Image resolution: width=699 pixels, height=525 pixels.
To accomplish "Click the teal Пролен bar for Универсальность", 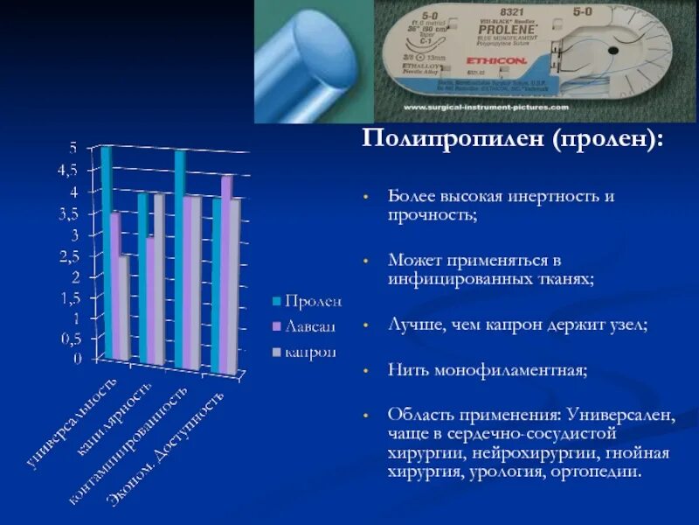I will coord(107,254).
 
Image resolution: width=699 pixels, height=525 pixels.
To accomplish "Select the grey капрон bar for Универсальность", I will coord(125,306).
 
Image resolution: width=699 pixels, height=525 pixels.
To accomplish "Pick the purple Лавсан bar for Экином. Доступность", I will coord(226,271).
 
